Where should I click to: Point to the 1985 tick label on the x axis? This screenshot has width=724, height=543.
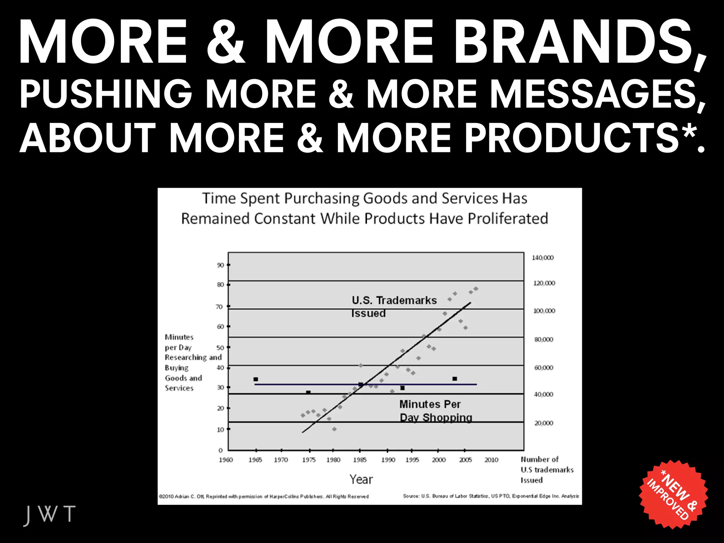click(x=360, y=460)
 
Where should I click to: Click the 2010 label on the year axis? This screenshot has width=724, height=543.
click(x=491, y=460)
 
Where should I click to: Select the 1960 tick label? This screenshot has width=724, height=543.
click(x=226, y=460)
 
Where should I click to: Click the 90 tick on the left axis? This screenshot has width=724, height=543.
click(x=221, y=265)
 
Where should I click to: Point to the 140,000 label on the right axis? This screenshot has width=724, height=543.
click(x=543, y=258)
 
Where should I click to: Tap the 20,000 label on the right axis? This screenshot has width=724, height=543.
click(x=544, y=423)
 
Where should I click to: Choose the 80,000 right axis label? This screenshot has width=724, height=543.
click(x=544, y=339)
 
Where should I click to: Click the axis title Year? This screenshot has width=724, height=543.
click(x=361, y=479)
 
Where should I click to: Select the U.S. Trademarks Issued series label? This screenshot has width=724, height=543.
click(x=394, y=306)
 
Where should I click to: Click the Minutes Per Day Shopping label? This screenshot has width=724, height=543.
click(x=436, y=411)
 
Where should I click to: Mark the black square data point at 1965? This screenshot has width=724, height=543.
click(x=256, y=379)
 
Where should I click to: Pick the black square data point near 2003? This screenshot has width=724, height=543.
click(x=455, y=379)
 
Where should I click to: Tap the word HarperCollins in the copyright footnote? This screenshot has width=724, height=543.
click(x=285, y=497)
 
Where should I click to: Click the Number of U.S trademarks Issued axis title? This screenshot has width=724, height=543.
click(x=547, y=469)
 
